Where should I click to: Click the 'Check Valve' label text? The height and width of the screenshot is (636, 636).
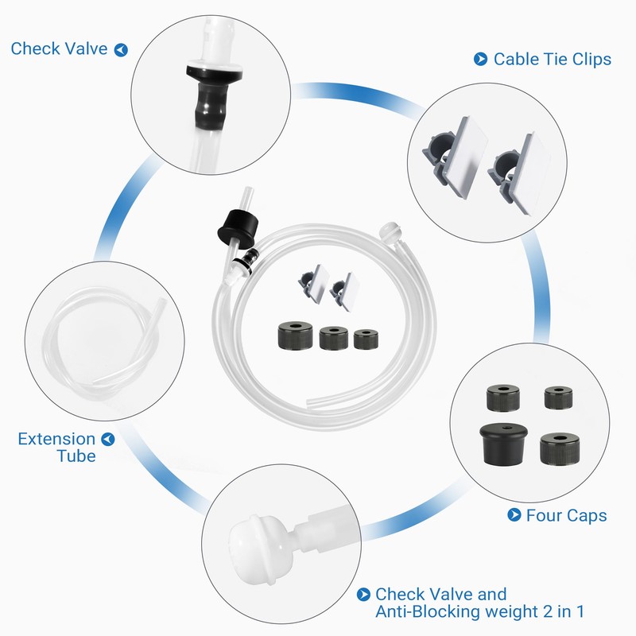(x=58, y=49)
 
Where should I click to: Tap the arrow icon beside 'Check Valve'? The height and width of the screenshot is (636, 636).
(x=121, y=50)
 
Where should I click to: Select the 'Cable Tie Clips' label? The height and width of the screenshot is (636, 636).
(x=553, y=59)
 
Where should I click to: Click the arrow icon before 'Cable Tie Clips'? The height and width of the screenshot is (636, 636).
(x=480, y=58)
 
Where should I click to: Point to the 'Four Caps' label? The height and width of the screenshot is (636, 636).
(x=566, y=515)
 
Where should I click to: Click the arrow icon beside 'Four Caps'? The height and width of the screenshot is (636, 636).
(x=514, y=515)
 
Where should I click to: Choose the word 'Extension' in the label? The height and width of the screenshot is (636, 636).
(x=56, y=439)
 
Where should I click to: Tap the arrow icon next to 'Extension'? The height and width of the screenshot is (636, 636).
(x=108, y=439)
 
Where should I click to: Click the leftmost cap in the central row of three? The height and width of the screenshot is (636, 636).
(x=293, y=335)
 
